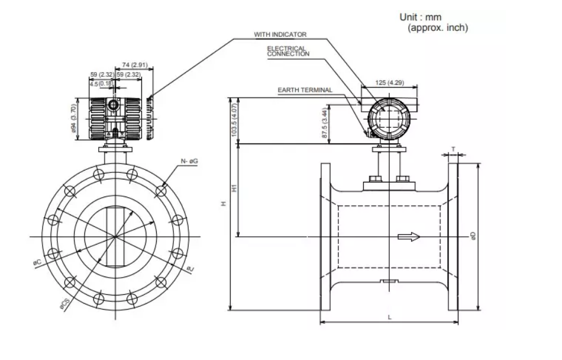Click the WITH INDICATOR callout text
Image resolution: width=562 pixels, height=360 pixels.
pyautogui.click(x=280, y=35)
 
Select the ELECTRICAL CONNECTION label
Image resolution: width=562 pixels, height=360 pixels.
pyautogui.click(x=288, y=51)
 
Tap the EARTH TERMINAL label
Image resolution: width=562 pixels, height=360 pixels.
pyautogui.click(x=305, y=91)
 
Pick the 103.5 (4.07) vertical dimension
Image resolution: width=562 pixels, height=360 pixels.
pyautogui.click(x=235, y=120)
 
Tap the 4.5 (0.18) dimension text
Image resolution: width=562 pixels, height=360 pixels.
pyautogui.click(x=101, y=84)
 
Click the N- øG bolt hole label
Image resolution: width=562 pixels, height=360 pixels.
pyautogui.click(x=189, y=161)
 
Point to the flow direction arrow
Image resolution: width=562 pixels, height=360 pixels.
pyautogui.click(x=408, y=237)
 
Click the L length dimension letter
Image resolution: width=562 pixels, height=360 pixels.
pyautogui.click(x=389, y=317)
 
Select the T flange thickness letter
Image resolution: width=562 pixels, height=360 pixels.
pyautogui.click(x=453, y=149)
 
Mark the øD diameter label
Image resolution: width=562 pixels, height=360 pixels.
pyautogui.click(x=473, y=236)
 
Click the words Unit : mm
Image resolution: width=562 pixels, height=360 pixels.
pyautogui.click(x=420, y=18)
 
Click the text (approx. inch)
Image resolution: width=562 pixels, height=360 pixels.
pyautogui.click(x=438, y=28)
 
